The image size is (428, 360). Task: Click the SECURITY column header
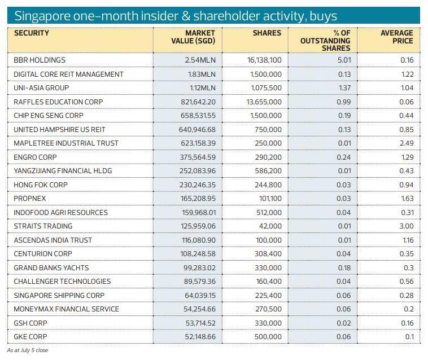(32, 33)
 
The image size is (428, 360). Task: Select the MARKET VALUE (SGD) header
(193, 37)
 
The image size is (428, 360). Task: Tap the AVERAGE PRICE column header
(396, 37)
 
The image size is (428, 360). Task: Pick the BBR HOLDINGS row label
(40, 60)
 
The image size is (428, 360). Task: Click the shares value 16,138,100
(264, 60)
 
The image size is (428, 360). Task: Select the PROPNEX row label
(30, 199)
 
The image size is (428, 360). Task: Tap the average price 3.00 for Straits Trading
(407, 226)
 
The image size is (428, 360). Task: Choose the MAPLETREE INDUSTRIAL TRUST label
(66, 143)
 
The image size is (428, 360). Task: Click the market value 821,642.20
(193, 102)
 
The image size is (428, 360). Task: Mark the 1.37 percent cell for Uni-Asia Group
(344, 88)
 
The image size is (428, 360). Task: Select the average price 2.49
(407, 143)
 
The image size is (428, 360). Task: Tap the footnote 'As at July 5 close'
(27, 350)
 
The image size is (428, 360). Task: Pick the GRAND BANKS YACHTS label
(51, 268)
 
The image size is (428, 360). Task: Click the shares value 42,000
(270, 226)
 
